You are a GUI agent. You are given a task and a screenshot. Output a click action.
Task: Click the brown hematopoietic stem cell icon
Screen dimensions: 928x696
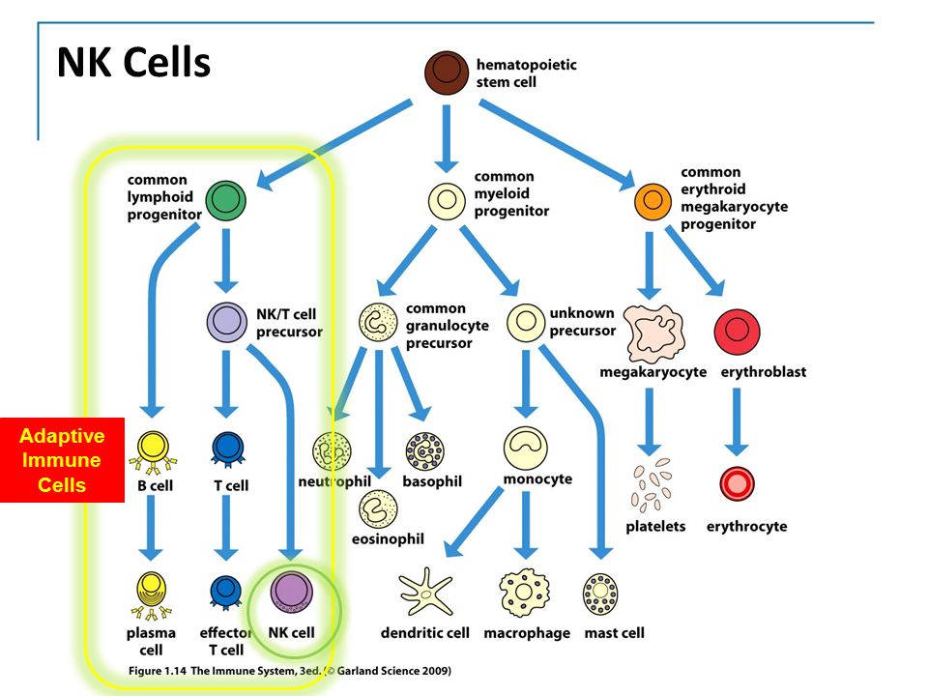447,72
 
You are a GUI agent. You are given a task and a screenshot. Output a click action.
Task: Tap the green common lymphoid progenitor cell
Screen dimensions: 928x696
225,201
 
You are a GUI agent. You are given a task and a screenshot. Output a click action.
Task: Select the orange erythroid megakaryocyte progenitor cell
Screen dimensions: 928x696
652,201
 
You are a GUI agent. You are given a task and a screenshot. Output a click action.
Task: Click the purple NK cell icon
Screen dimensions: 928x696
292,591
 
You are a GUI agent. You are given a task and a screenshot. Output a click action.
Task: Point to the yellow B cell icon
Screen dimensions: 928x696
154,452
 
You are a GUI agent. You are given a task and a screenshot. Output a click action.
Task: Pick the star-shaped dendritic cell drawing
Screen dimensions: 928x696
425,592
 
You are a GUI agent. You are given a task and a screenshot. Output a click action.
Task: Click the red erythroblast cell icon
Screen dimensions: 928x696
737,331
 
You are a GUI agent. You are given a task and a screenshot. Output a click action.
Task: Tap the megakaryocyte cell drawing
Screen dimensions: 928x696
654,333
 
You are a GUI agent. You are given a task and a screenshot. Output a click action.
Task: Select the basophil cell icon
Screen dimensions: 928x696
425,451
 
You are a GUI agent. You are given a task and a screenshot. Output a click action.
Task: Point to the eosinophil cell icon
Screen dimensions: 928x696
378,509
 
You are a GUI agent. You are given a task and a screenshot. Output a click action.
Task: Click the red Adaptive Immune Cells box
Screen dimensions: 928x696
62,460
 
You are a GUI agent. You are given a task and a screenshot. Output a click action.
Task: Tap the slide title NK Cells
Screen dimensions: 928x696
133,62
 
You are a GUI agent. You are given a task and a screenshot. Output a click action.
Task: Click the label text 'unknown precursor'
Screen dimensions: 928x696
582,321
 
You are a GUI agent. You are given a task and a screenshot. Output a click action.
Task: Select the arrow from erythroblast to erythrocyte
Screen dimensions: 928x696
737,421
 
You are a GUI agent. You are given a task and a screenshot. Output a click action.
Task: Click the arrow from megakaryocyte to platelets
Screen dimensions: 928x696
650,421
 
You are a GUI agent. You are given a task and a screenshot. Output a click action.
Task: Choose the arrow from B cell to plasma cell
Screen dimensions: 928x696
151,528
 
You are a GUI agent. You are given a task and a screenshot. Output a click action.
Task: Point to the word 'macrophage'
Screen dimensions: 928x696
527,633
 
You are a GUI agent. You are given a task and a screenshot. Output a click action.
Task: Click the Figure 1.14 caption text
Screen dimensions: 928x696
289,671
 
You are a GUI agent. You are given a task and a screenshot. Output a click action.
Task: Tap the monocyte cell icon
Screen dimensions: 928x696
525,448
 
